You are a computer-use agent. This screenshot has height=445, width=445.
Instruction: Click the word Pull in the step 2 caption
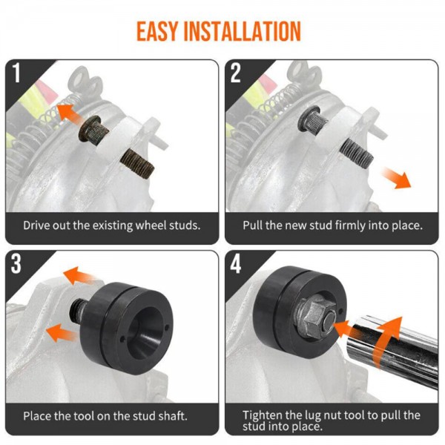pyautogui.click(x=254, y=225)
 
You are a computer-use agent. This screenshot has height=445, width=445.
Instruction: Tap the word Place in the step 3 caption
pyautogui.click(x=38, y=416)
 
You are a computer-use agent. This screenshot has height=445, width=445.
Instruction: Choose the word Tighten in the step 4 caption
pyautogui.click(x=263, y=415)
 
